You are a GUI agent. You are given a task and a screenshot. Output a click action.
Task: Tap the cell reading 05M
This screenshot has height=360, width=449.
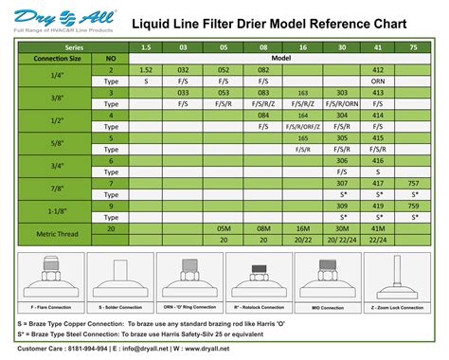point(224,228)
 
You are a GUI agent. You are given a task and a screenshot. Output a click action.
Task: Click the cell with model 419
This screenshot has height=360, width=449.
point(378,206)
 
